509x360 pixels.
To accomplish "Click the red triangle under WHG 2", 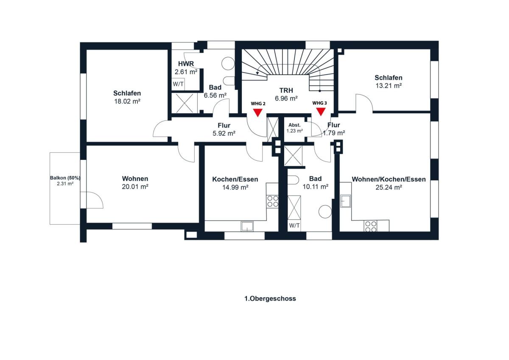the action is click(x=258, y=113).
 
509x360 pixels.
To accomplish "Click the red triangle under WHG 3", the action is click(x=321, y=112).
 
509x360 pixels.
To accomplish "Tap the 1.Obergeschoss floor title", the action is click(x=270, y=299).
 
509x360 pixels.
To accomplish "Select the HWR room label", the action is click(x=186, y=64).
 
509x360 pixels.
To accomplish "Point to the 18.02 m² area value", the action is click(x=127, y=101).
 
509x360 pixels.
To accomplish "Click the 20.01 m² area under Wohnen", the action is click(x=135, y=187).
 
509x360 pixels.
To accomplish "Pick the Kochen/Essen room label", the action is click(x=235, y=179).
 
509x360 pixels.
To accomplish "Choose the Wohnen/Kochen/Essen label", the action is click(x=389, y=179).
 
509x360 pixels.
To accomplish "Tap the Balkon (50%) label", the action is click(x=65, y=178).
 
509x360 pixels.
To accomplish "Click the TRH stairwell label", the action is click(x=286, y=90).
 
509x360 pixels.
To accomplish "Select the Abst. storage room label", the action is click(x=294, y=125).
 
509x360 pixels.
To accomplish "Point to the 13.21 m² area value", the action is click(x=389, y=86).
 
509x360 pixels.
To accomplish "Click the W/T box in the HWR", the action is click(x=178, y=84).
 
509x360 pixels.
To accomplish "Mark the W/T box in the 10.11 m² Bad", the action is click(x=294, y=226).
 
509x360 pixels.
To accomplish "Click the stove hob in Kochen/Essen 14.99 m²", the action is click(x=273, y=201).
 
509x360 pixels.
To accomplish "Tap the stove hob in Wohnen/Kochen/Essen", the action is click(x=370, y=226).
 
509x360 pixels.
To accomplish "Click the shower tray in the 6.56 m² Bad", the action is click(x=184, y=103).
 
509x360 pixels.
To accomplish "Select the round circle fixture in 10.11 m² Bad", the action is click(x=325, y=212).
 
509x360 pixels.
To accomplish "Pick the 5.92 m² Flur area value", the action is click(x=224, y=133).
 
